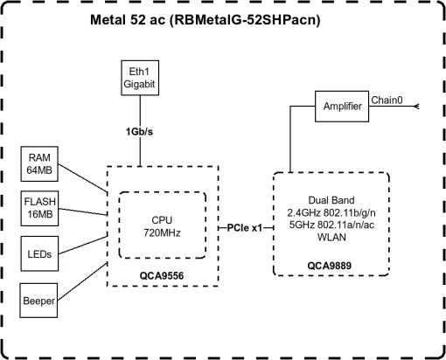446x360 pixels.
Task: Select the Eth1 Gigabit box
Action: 139,79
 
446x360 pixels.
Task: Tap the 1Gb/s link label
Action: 139,132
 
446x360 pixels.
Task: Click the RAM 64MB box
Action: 39,165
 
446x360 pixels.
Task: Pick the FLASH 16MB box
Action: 39,208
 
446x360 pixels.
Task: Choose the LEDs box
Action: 39,254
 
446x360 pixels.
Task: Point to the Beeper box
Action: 39,300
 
